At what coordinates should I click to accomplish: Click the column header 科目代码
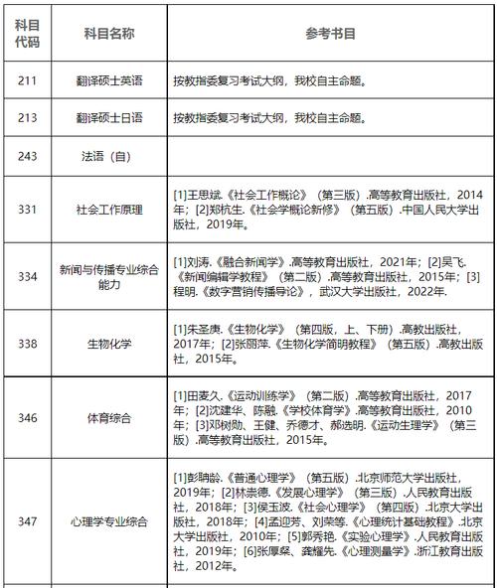pos(28,32)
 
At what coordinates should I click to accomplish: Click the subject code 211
pos(28,81)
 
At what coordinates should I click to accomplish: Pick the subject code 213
pos(28,118)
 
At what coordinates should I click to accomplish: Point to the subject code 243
pos(28,156)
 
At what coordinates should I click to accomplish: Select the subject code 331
pos(28,210)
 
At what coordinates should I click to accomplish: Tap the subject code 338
pos(28,343)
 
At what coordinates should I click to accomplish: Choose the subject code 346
pos(28,418)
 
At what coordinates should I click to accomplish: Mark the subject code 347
pos(28,519)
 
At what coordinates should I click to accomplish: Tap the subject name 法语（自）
pos(109,156)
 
